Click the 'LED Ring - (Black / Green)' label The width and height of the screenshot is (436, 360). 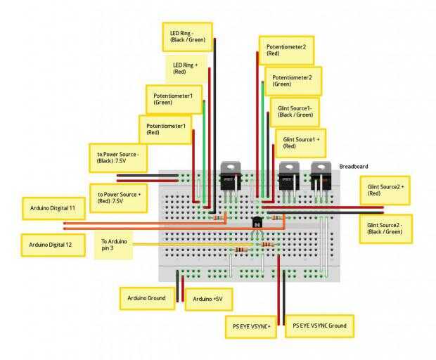pos(188,37)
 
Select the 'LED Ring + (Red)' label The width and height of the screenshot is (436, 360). pos(186,68)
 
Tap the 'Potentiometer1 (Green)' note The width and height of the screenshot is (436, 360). pos(174,99)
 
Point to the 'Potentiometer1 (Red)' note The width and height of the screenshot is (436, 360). pos(165,129)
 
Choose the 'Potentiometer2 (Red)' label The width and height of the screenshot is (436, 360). pos(286,51)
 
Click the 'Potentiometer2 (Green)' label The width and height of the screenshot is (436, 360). pos(293,81)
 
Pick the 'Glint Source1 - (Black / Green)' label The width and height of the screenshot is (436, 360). pos(295,112)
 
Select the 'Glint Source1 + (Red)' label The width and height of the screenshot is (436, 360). pos(300,143)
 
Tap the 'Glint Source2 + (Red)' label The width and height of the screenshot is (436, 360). pos(385,190)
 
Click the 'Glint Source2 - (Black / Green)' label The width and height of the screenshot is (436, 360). pos(385,229)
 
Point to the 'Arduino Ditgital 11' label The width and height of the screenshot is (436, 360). pos(53,208)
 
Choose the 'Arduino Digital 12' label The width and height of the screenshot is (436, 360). pos(53,245)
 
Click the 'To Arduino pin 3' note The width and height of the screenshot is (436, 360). pos(114,245)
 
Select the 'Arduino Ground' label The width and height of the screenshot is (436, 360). pos(148,298)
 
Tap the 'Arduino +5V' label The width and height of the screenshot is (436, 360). pos(209,299)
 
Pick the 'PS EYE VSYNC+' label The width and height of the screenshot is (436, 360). pos(251,327)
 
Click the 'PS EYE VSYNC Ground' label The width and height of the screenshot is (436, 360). pos(319,326)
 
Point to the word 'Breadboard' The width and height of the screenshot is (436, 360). pos(354,167)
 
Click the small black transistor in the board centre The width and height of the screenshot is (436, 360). pos(257,222)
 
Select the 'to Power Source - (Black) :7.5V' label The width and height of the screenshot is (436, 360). pos(118,157)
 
